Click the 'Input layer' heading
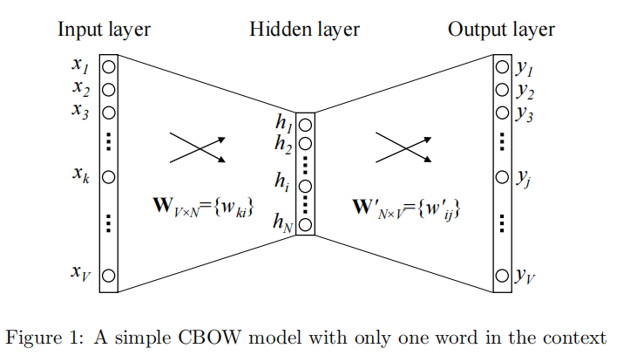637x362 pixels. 104,30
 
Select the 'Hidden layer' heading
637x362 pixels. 304,30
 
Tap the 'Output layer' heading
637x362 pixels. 501,30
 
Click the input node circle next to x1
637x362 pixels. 109,66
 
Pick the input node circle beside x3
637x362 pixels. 109,112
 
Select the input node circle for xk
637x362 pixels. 109,176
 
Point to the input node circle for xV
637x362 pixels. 109,276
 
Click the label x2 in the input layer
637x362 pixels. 81,87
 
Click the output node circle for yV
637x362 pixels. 502,277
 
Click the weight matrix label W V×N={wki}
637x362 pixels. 202,208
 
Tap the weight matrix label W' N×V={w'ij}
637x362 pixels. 406,209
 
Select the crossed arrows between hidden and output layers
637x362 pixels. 403,147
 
